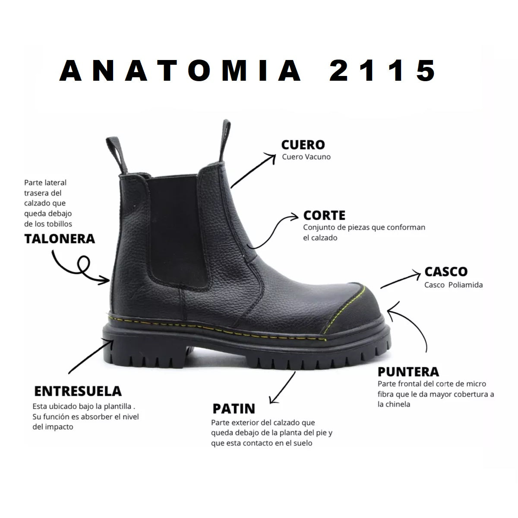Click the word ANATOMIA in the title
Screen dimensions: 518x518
(180, 71)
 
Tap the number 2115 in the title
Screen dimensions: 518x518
(382, 71)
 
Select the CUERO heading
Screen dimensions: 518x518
(303, 145)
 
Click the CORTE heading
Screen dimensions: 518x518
(324, 215)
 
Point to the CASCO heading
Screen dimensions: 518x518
(446, 272)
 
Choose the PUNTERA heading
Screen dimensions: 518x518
(408, 372)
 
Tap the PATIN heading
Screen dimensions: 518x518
(234, 409)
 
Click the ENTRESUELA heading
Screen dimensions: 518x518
(78, 392)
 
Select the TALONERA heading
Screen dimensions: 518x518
(60, 239)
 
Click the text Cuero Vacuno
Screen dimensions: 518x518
(306, 157)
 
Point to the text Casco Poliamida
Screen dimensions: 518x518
(454, 285)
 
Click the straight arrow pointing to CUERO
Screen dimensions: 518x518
(253, 171)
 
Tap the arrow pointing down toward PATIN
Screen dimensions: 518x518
(282, 388)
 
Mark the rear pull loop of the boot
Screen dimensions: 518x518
(117, 155)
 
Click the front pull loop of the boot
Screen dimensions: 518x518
(225, 141)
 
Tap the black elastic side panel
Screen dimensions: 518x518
(177, 231)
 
